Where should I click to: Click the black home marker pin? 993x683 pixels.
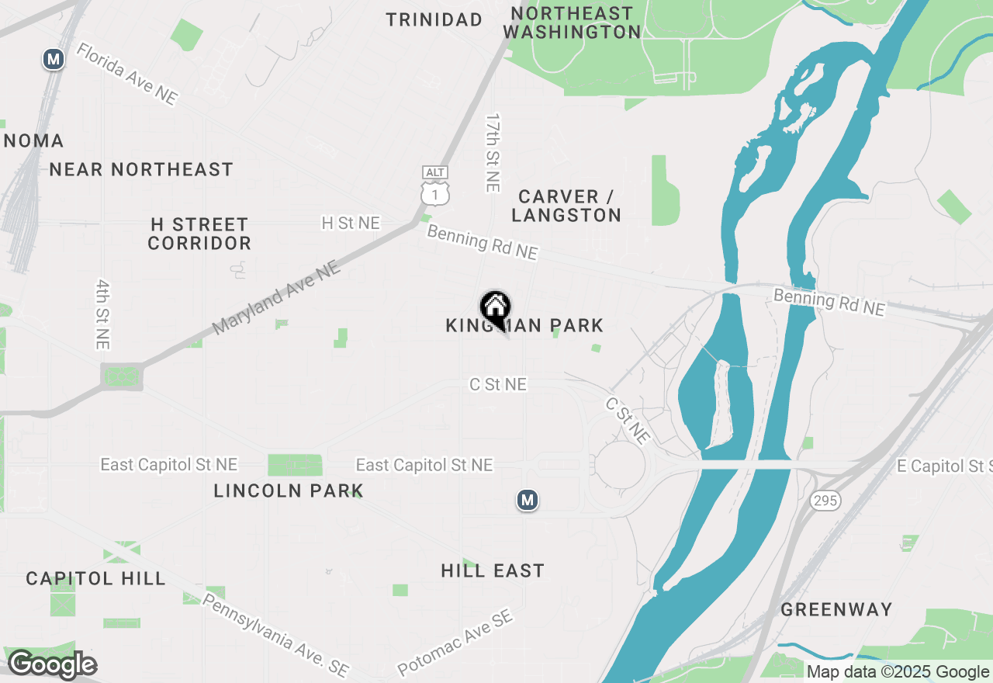[495, 308]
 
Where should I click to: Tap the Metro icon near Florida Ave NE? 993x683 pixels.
[53, 59]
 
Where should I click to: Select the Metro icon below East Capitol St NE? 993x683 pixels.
[528, 501]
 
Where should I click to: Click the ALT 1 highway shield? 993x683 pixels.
[435, 186]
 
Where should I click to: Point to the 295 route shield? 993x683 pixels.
[825, 501]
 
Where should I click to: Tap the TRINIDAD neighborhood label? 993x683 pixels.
[434, 20]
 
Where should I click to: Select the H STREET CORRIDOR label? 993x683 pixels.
[199, 234]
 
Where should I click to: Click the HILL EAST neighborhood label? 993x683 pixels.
[493, 571]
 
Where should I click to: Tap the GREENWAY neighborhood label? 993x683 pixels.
[836, 609]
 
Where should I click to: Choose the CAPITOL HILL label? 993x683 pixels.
[95, 578]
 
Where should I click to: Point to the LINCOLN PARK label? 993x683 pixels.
[289, 491]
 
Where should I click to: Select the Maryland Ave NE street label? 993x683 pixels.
[275, 297]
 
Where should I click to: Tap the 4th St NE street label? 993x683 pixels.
[102, 314]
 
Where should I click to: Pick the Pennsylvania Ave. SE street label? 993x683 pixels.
[275, 635]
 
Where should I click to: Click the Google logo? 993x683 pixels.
[52, 665]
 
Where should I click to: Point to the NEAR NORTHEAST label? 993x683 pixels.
[141, 169]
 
